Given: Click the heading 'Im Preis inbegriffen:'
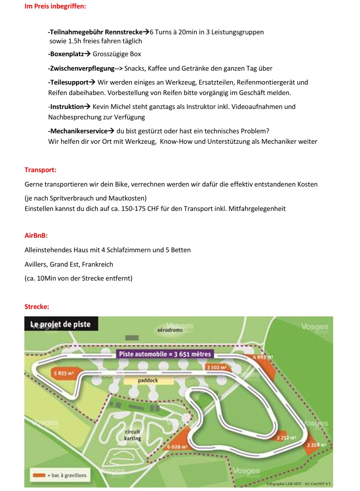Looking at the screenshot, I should click(55, 6).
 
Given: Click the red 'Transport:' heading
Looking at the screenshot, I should click(40, 170).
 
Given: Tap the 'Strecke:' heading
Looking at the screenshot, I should click(37, 306).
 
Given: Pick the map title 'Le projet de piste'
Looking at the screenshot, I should click(61, 324).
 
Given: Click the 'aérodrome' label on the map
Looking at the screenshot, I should click(170, 330).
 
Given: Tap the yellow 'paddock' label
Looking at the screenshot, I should click(148, 380).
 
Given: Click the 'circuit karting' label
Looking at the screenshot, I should click(132, 435).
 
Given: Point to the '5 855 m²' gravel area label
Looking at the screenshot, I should click(64, 373).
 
